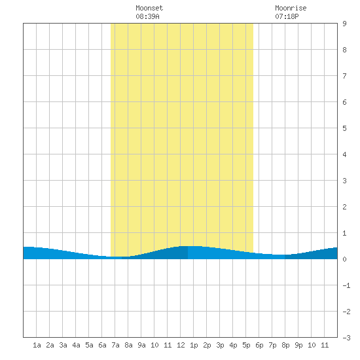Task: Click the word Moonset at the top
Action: [x=149, y=8]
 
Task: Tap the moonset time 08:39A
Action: [x=147, y=16]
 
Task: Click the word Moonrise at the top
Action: [x=291, y=8]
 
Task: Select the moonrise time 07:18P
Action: [x=287, y=16]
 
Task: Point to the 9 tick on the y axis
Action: [x=344, y=24]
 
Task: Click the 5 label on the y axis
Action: [x=344, y=128]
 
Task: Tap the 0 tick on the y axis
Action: [x=344, y=259]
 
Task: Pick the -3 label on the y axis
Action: [x=346, y=338]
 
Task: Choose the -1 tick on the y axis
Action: [x=346, y=285]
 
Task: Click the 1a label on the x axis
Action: [x=37, y=345]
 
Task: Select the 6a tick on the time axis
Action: [x=102, y=345]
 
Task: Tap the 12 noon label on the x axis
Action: [x=181, y=345]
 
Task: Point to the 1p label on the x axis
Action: [x=194, y=345]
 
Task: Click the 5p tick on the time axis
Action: [x=246, y=345]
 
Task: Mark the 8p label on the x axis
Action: [x=285, y=345]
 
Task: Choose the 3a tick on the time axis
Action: [x=63, y=345]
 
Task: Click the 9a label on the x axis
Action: [x=141, y=345]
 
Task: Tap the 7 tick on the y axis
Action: [x=344, y=76]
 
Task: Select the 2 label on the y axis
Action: [x=344, y=207]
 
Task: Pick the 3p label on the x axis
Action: [x=220, y=345]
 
